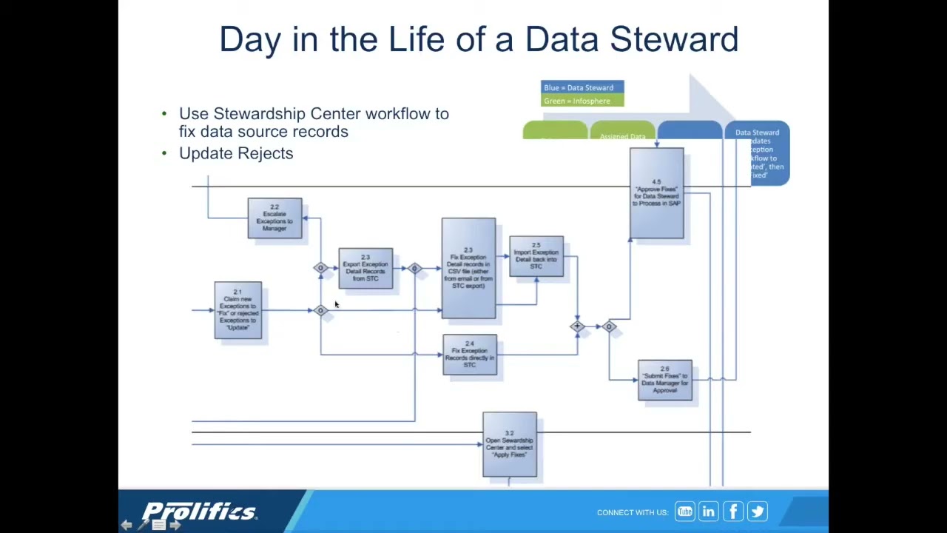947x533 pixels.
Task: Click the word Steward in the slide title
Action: (673, 39)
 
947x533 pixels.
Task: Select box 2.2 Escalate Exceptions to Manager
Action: (274, 218)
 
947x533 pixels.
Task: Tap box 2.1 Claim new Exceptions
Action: (237, 311)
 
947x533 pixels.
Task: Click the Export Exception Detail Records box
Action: (365, 269)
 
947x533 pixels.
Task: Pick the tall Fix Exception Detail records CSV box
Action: (468, 268)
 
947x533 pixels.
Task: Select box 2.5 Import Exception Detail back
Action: (536, 256)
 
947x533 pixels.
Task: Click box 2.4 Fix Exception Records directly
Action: (470, 355)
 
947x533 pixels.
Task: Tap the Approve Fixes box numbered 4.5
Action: (656, 193)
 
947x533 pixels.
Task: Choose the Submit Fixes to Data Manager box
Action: (665, 381)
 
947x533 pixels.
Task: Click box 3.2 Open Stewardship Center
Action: (510, 445)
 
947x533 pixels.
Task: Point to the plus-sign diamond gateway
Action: (577, 326)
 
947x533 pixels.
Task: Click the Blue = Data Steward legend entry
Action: (582, 87)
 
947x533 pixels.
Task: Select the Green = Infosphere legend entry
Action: (582, 101)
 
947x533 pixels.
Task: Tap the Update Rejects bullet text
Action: (236, 153)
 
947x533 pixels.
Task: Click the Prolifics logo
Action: (199, 512)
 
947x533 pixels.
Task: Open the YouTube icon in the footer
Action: (684, 512)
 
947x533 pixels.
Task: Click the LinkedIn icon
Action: (708, 512)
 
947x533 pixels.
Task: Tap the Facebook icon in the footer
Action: (732, 512)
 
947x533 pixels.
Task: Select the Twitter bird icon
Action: (757, 512)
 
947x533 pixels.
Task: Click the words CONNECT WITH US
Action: (632, 512)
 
